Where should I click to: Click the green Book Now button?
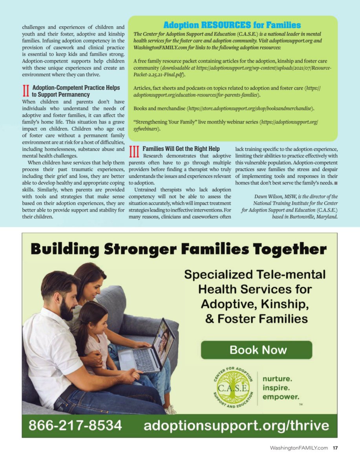[257, 350]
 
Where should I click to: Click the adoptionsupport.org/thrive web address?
[236, 425]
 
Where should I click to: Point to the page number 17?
[335, 448]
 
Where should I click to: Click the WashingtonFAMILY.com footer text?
[299, 448]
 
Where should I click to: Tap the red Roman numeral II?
[26, 91]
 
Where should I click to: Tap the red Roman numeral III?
[134, 152]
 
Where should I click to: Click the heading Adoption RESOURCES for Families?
[232, 25]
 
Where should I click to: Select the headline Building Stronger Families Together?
[179, 249]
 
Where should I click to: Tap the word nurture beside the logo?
[277, 379]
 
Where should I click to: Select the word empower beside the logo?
[280, 397]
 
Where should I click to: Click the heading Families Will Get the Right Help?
[181, 149]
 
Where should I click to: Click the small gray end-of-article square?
[336, 183]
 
